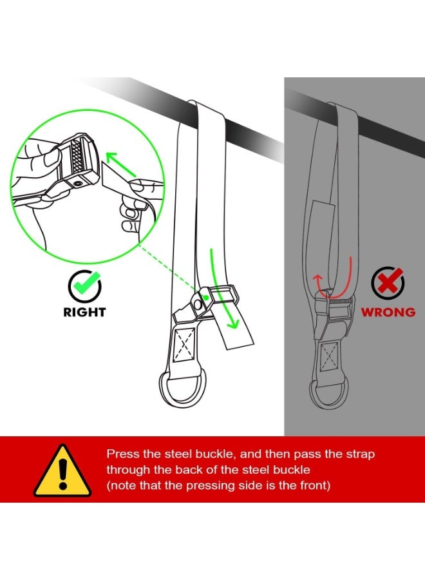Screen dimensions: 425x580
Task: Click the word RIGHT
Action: [x=84, y=312]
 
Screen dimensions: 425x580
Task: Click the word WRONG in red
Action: [x=388, y=312]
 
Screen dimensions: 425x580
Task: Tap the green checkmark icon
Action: [x=85, y=286]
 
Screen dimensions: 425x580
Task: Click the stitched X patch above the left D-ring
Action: [x=184, y=343]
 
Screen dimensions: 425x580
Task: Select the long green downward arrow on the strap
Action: [x=222, y=289]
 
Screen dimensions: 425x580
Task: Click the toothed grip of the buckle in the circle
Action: [x=78, y=156]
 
